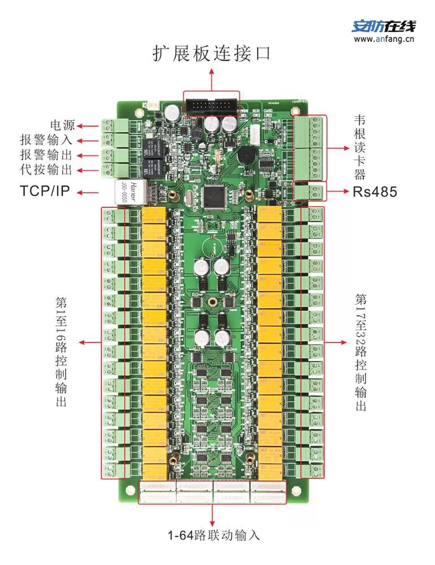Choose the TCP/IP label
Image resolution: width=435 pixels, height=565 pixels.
click(x=45, y=192)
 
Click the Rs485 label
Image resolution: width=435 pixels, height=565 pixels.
click(x=375, y=192)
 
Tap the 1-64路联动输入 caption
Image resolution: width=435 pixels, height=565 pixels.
click(x=214, y=535)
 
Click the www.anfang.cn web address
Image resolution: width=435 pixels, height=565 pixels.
click(x=385, y=39)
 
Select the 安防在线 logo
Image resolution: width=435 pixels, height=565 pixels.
click(x=384, y=26)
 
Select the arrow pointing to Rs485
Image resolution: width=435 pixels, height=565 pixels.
click(x=339, y=192)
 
